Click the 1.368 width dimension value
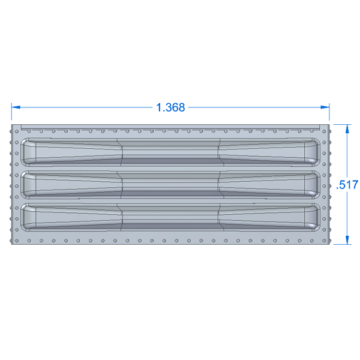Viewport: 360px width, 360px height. pos(170,107)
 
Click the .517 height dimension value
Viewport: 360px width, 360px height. pos(347,185)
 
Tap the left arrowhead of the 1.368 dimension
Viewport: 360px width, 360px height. pos(16,107)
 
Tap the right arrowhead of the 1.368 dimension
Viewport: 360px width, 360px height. pos(325,107)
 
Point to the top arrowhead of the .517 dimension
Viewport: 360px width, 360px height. pos(347,129)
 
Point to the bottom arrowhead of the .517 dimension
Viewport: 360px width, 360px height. pos(347,240)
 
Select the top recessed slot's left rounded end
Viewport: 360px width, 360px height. pos(28,152)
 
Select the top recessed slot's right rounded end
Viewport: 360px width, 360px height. pos(312,152)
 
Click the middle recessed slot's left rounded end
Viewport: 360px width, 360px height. pos(28,185)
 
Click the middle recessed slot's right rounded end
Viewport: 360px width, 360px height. pos(312,185)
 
